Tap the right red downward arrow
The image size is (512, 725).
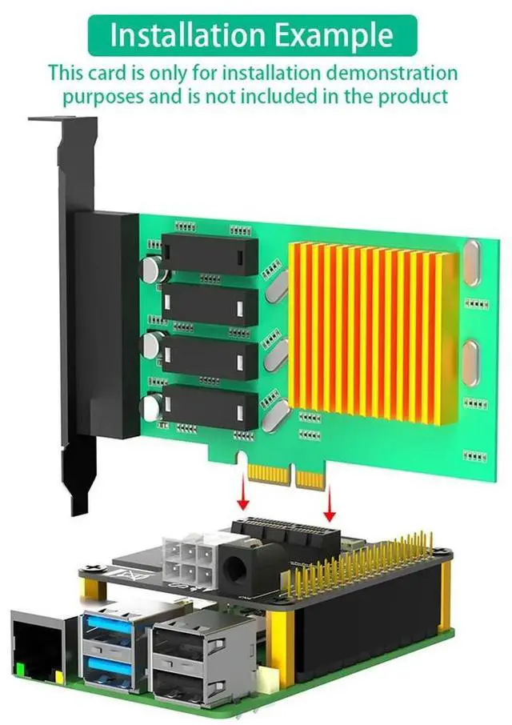click(330, 502)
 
